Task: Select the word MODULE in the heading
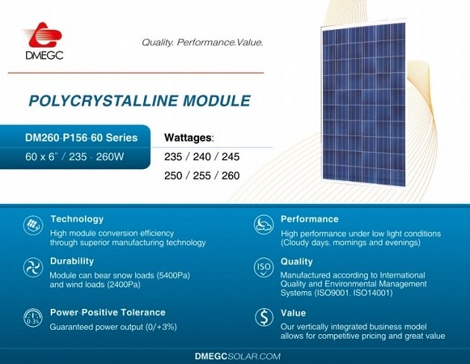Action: pos(216,100)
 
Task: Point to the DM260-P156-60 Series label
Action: pos(81,138)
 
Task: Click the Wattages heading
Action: pos(189,138)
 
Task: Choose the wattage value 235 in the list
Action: pos(173,157)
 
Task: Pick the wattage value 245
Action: pos(231,157)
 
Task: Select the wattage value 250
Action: pos(173,176)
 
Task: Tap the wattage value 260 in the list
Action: pos(231,176)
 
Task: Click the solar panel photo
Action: pos(363,103)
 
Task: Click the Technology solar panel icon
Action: pos(33,226)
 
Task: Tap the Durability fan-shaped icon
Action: pos(33,267)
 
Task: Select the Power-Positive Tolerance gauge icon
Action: pos(33,318)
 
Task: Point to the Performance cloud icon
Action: pos(263,225)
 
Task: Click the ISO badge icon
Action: pos(263,267)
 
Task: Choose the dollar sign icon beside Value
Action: pos(264,318)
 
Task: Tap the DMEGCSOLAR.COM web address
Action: pos(238,357)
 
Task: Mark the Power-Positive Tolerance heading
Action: pos(107,313)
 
